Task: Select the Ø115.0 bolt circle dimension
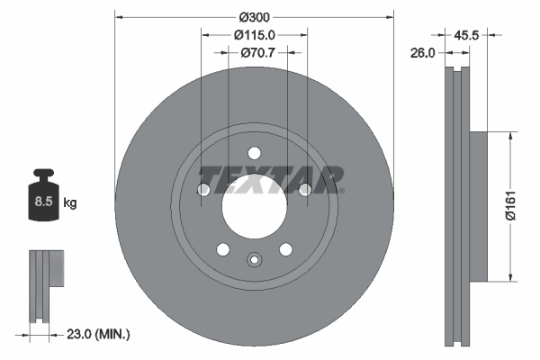[x=254, y=34]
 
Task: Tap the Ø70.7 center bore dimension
[x=256, y=53]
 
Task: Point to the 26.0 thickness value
[x=422, y=53]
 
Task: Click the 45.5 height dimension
[x=465, y=37]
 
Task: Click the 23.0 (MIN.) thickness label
[x=97, y=335]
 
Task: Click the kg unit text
[x=69, y=203]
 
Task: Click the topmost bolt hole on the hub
[x=254, y=152]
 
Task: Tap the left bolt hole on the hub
[x=203, y=189]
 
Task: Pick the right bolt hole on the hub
[x=305, y=189]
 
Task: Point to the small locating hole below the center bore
[x=254, y=262]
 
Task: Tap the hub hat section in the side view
[x=477, y=206]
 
